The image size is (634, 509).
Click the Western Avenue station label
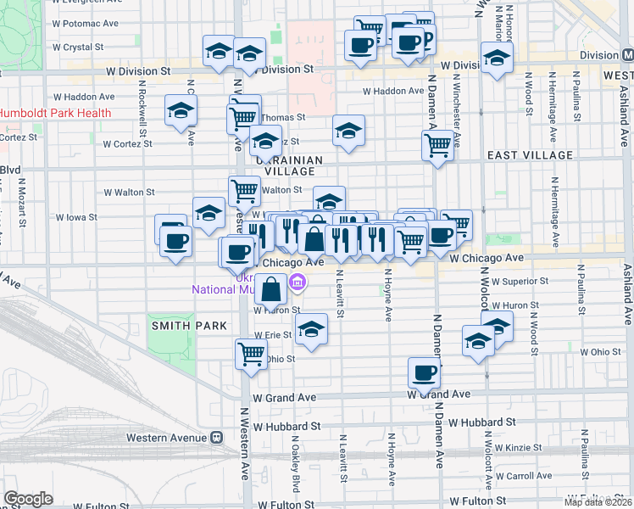coord(166,438)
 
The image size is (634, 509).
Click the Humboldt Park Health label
coord(55,113)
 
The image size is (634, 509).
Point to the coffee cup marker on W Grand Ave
coord(424,372)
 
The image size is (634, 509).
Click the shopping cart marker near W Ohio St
coord(251,354)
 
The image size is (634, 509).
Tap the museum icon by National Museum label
coord(298,283)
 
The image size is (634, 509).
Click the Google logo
coord(28,499)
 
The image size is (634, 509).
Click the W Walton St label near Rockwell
coord(128,193)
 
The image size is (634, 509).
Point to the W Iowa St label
coord(76,217)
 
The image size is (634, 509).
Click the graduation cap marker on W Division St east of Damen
coord(497,59)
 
